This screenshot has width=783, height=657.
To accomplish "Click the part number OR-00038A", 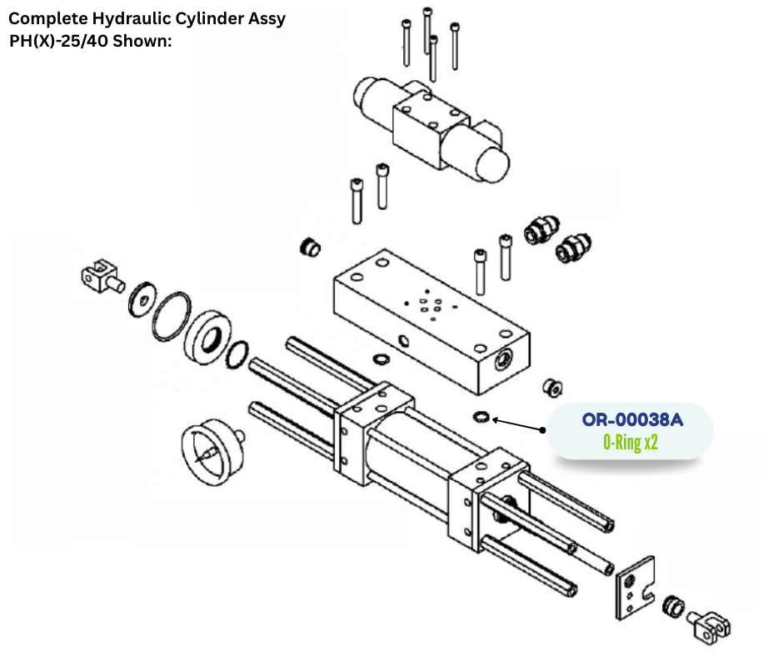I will [632, 419].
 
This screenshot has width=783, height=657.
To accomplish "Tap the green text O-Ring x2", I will [631, 442].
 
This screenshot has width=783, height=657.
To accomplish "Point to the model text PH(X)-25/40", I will [61, 40].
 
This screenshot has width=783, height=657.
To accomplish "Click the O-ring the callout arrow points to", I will [481, 416].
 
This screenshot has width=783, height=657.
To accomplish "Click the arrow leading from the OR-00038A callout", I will [516, 424].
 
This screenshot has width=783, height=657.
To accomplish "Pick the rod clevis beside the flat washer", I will [99, 274].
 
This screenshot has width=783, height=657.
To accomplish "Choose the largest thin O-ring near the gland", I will [172, 316].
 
